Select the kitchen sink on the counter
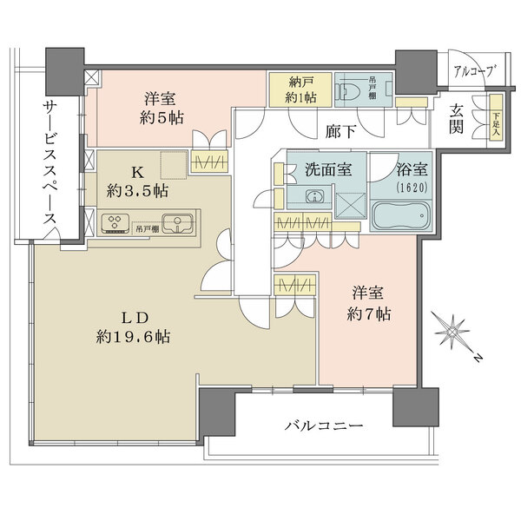181,223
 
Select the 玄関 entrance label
457,119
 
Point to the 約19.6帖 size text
134,336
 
